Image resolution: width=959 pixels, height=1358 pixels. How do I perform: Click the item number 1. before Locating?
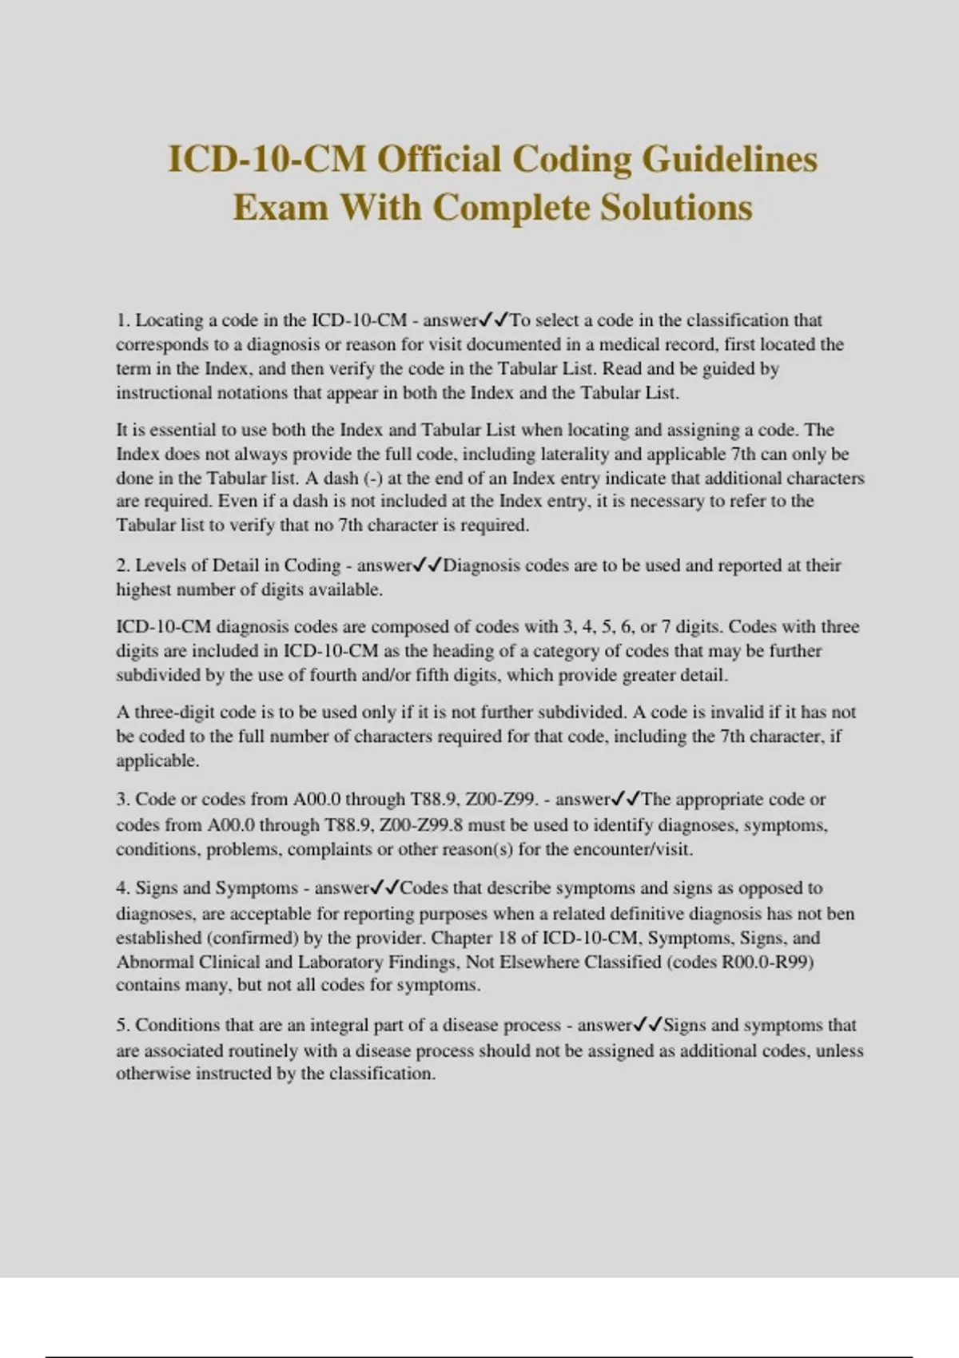point(123,320)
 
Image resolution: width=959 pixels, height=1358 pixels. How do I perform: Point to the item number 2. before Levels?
point(123,566)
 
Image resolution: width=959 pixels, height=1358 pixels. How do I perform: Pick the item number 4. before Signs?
point(123,888)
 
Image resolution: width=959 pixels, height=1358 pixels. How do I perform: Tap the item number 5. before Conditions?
point(123,1025)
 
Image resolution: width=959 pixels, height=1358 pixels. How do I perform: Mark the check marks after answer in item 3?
point(626,800)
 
